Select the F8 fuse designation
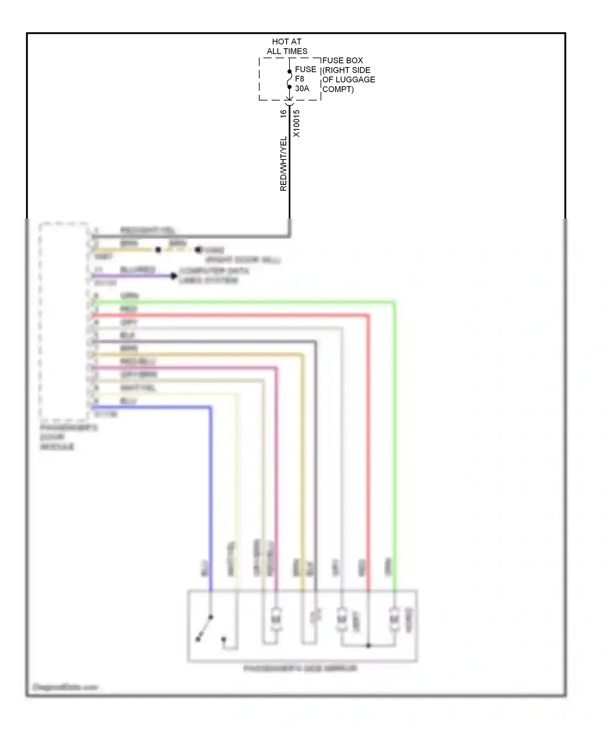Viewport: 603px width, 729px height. (x=299, y=79)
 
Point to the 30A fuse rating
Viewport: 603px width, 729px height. (x=302, y=88)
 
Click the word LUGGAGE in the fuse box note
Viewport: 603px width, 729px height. (x=357, y=80)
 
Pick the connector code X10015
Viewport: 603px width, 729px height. (x=296, y=123)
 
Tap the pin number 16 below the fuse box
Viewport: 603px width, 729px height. (x=283, y=114)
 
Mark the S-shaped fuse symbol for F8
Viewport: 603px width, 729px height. (x=289, y=79)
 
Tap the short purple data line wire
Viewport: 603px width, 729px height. (x=133, y=276)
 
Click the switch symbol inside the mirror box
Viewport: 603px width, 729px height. (x=205, y=628)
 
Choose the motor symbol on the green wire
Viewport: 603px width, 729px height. (x=394, y=619)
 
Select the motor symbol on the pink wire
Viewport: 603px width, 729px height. (x=276, y=619)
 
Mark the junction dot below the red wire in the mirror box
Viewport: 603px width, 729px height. (x=368, y=645)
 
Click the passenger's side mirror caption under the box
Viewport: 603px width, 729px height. (x=300, y=668)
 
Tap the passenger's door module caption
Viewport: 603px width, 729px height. (x=68, y=437)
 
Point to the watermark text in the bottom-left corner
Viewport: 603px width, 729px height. (x=65, y=687)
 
